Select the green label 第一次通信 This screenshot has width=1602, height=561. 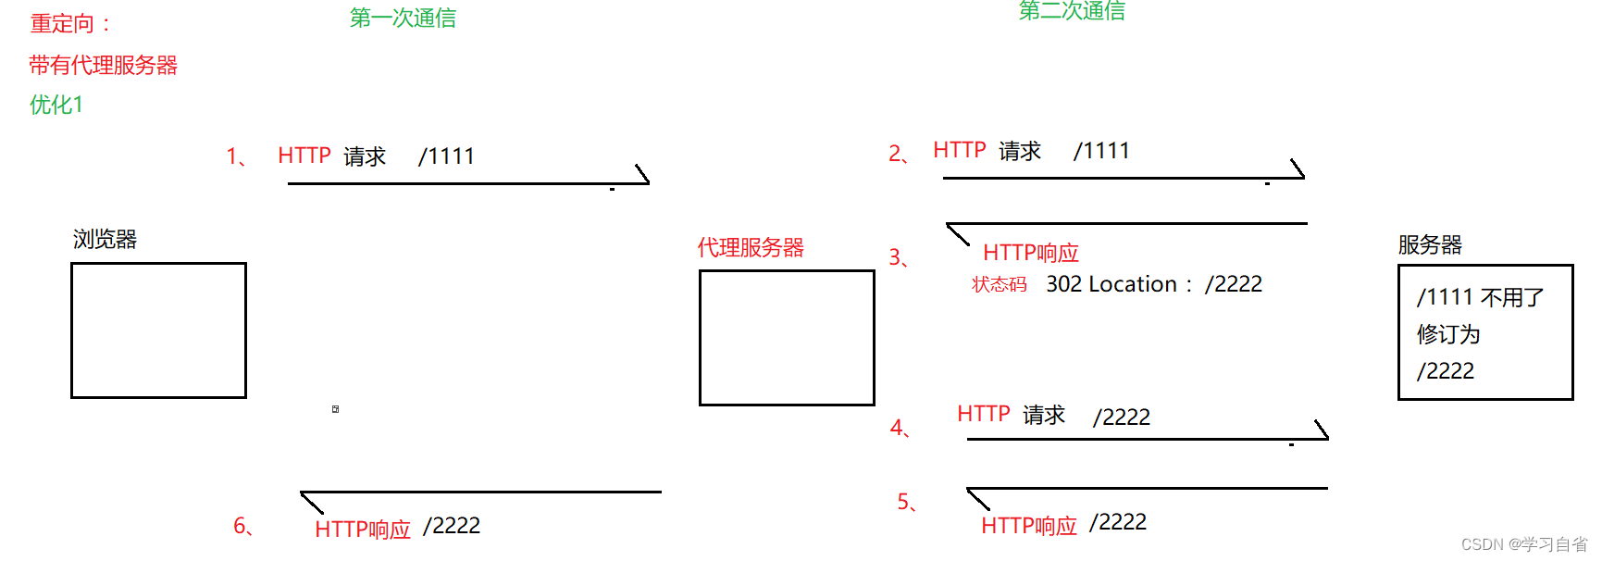pyautogui.click(x=403, y=19)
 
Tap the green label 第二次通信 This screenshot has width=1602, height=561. pyautogui.click(x=1072, y=11)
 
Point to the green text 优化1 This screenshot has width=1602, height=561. pyautogui.click(x=56, y=105)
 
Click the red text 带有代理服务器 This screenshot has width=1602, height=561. pyautogui.click(x=103, y=65)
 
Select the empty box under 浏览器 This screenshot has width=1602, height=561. pyautogui.click(x=158, y=330)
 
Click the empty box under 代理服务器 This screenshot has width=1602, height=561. pyautogui.click(x=787, y=338)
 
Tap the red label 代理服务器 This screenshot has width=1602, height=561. pyautogui.click(x=751, y=247)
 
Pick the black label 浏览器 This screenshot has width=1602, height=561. pyautogui.click(x=105, y=239)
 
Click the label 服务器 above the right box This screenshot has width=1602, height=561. pyautogui.click(x=1430, y=244)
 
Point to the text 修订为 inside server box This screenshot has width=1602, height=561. pyautogui.click(x=1448, y=334)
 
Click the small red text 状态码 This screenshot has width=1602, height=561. pyautogui.click(x=1000, y=284)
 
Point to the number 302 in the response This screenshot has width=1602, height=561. pyautogui.click(x=1063, y=284)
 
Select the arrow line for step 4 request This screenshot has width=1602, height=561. pyautogui.click(x=1148, y=439)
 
